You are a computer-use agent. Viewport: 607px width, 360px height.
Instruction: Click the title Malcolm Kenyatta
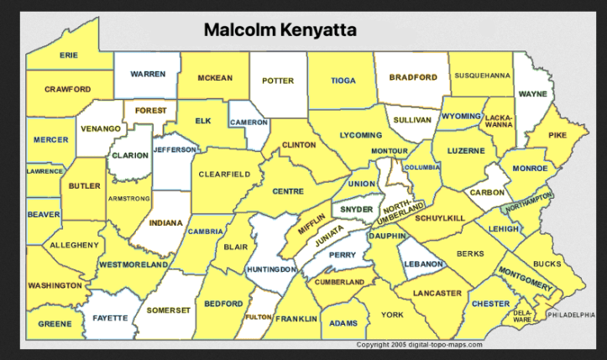(x=280, y=30)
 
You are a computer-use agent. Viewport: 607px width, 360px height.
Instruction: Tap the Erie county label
(x=69, y=55)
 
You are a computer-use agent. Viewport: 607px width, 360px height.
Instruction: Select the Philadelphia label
(x=575, y=315)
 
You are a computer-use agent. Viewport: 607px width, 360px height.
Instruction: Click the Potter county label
(x=278, y=81)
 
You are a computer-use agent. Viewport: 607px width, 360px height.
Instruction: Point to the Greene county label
(x=55, y=321)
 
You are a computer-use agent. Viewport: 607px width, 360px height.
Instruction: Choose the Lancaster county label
(x=437, y=293)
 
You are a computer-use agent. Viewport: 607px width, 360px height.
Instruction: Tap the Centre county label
(x=288, y=191)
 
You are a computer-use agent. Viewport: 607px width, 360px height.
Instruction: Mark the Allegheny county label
(x=74, y=245)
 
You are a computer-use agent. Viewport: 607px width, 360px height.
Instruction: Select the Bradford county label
(x=412, y=77)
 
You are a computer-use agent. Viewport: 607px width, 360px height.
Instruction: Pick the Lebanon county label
(x=424, y=263)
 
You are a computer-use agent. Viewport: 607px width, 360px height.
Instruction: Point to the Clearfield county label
(x=224, y=174)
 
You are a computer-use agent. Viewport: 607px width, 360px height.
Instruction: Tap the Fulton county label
(x=258, y=317)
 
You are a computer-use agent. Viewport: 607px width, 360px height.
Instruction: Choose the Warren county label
(x=148, y=74)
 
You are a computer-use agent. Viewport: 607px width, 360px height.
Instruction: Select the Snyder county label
(x=356, y=209)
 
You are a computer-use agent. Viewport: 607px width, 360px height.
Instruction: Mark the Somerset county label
(x=169, y=310)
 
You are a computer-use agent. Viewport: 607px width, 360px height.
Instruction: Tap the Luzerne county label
(x=466, y=151)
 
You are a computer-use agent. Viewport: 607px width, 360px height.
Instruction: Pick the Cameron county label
(x=249, y=122)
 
